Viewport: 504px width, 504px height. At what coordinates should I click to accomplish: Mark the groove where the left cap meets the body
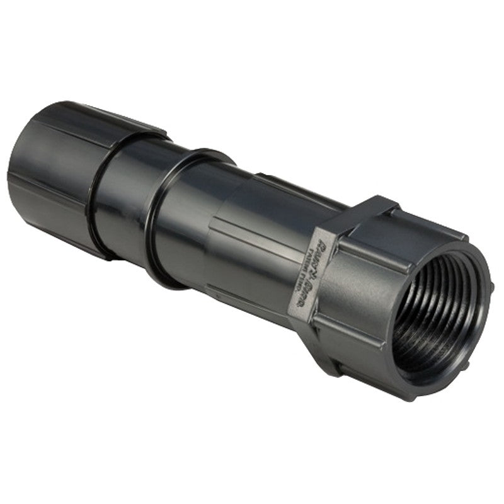(94, 208)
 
